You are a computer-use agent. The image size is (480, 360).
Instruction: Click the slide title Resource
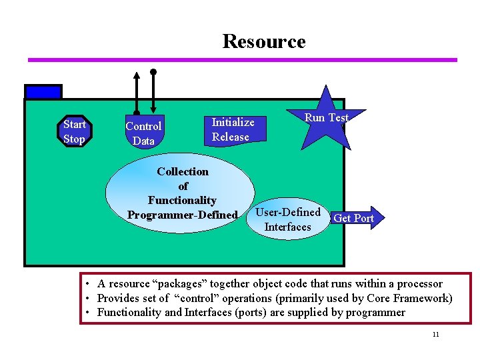pos(263,41)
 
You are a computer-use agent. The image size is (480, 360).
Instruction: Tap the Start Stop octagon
pos(74,131)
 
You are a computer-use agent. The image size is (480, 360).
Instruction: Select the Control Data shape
pos(143,133)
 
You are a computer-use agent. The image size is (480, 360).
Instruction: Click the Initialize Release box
pos(233,129)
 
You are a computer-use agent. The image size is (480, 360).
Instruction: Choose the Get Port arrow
pos(356,218)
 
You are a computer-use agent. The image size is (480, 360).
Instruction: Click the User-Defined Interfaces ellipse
pos(287,219)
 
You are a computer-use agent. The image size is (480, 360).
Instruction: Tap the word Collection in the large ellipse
pos(183,171)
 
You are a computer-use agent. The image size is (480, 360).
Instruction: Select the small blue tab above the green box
pos(43,91)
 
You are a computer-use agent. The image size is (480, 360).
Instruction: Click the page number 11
pos(435,334)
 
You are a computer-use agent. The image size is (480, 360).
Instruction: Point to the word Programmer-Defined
pos(182,215)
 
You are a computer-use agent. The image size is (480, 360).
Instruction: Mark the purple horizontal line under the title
pos(242,60)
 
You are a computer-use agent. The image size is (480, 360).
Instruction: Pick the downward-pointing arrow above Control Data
pos(153,90)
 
